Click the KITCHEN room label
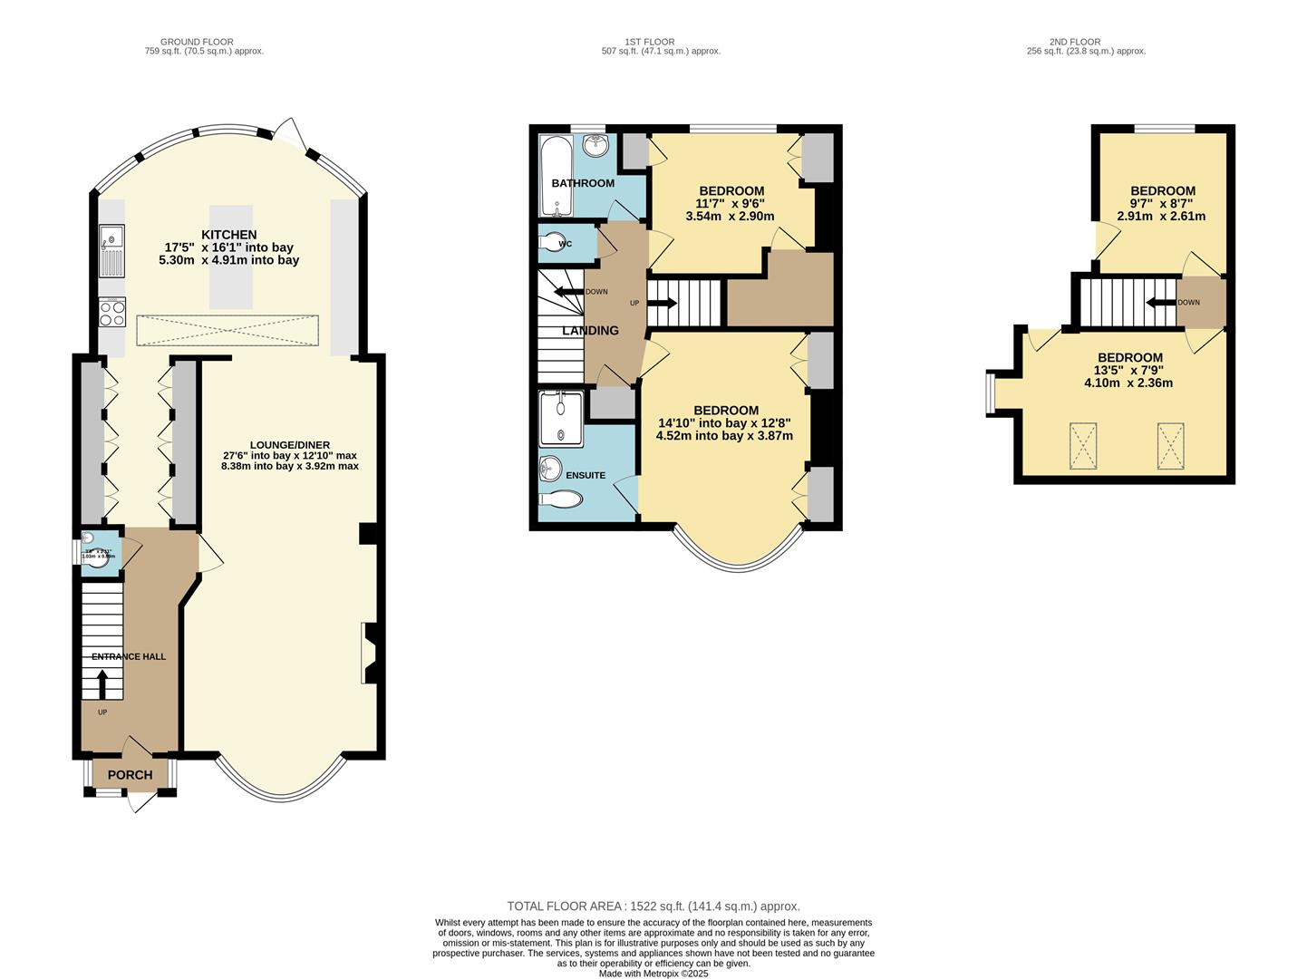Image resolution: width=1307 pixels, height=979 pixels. (x=228, y=235)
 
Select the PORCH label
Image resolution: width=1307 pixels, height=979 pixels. (x=130, y=775)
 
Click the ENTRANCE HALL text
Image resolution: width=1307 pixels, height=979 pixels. (x=129, y=656)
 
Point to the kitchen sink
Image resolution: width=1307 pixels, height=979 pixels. (x=112, y=251)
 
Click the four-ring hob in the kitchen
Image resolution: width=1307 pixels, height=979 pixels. (x=112, y=313)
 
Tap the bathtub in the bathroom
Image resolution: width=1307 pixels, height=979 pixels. (x=554, y=177)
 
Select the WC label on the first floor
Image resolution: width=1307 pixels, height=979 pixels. (x=566, y=244)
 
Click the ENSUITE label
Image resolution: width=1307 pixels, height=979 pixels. (x=586, y=475)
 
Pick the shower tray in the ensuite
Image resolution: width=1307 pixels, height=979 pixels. (x=561, y=418)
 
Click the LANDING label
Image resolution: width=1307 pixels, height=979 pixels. (x=590, y=331)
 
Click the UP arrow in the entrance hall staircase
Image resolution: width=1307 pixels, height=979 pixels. (x=102, y=683)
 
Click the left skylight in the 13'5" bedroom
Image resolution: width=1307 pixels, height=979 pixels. (x=1082, y=446)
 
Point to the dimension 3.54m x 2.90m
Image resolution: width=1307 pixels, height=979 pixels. (x=730, y=217)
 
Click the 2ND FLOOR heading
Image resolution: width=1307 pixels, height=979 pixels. (x=1074, y=42)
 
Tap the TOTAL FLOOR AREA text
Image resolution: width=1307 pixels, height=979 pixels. (x=653, y=906)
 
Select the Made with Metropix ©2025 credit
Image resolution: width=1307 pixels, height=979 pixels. (x=653, y=974)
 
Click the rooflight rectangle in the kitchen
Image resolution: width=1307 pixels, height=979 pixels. (x=228, y=330)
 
